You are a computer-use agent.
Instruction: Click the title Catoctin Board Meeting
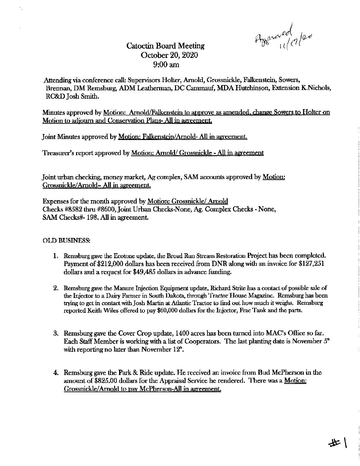click(165, 46)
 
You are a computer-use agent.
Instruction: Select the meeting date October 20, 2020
click(169, 55)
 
